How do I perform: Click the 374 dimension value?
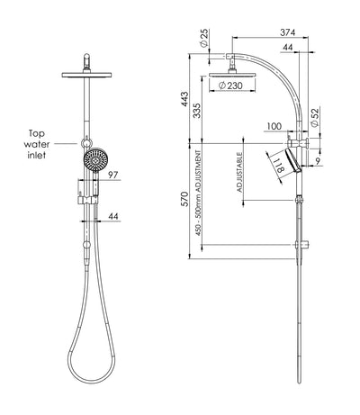click(x=288, y=32)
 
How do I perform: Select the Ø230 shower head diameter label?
click(x=230, y=86)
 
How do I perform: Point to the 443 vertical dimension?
click(x=184, y=99)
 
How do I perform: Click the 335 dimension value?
click(x=196, y=111)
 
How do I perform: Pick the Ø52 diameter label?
click(x=315, y=117)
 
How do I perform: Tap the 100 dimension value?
click(x=274, y=126)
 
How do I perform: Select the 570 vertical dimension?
click(x=184, y=199)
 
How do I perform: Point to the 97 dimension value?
click(x=112, y=175)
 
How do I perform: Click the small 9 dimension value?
click(x=318, y=161)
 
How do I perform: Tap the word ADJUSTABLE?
click(x=239, y=172)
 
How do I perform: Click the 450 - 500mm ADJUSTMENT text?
click(x=198, y=193)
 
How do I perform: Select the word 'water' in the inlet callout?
click(x=37, y=144)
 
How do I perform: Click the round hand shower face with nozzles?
click(x=95, y=160)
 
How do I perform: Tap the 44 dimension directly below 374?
click(x=288, y=48)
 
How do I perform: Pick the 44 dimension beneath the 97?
click(x=113, y=216)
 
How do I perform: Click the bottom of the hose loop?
click(x=90, y=382)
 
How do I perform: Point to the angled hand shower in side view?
click(x=293, y=161)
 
